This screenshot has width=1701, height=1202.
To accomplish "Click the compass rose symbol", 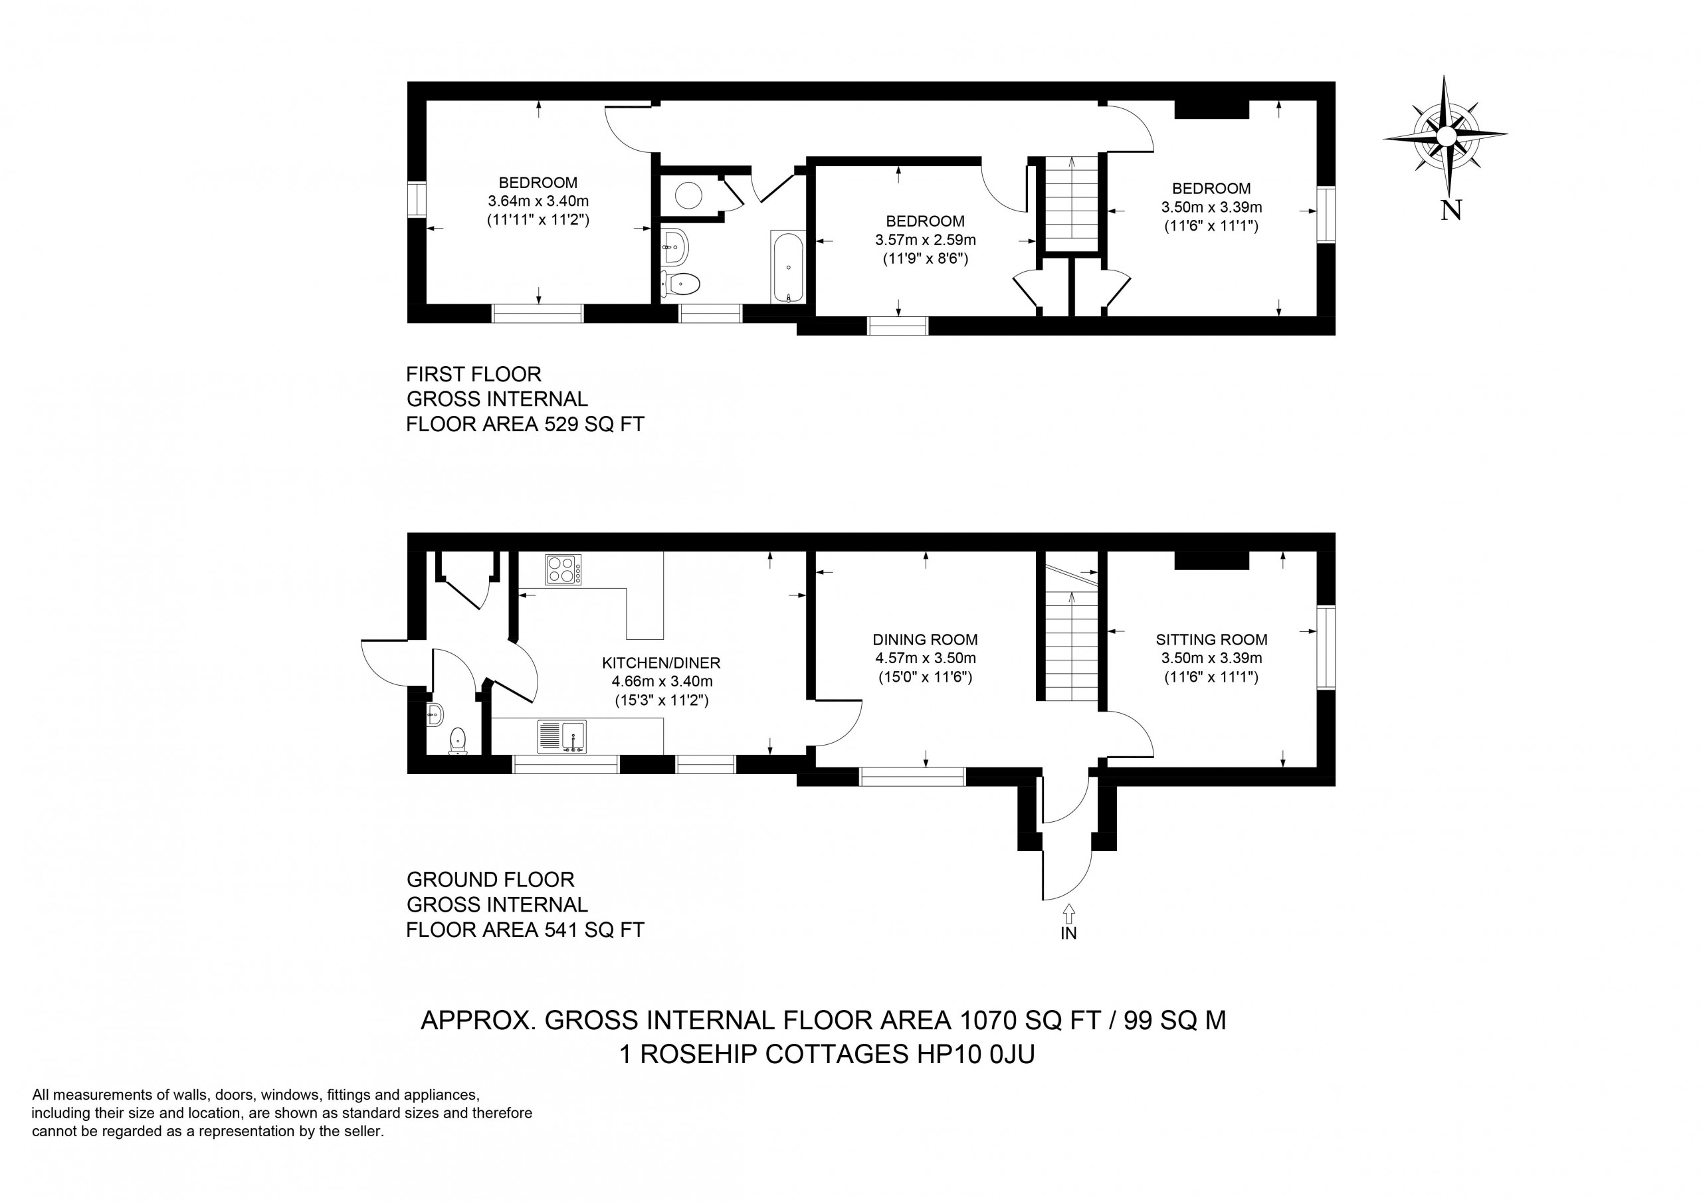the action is point(1445,136).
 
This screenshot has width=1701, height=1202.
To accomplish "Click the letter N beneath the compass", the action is point(1451,211).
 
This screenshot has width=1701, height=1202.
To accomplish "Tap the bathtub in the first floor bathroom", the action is point(788,267).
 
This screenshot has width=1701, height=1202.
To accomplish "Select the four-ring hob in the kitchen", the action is point(563,569).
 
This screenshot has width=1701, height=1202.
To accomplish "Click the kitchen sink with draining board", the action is point(561,737).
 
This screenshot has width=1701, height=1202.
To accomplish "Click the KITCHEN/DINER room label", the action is point(661,663).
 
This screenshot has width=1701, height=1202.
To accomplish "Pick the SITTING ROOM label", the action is point(1211,639).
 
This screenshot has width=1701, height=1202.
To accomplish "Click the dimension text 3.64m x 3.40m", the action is point(538,201).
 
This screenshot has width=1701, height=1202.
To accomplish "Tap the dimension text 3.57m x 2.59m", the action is point(926,240).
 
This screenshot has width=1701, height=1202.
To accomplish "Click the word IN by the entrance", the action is point(1068,934).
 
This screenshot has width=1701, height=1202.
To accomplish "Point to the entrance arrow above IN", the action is point(1068,913).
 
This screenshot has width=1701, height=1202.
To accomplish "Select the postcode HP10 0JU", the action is point(975,1054).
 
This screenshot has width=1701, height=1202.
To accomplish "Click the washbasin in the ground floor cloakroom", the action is point(435,715).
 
